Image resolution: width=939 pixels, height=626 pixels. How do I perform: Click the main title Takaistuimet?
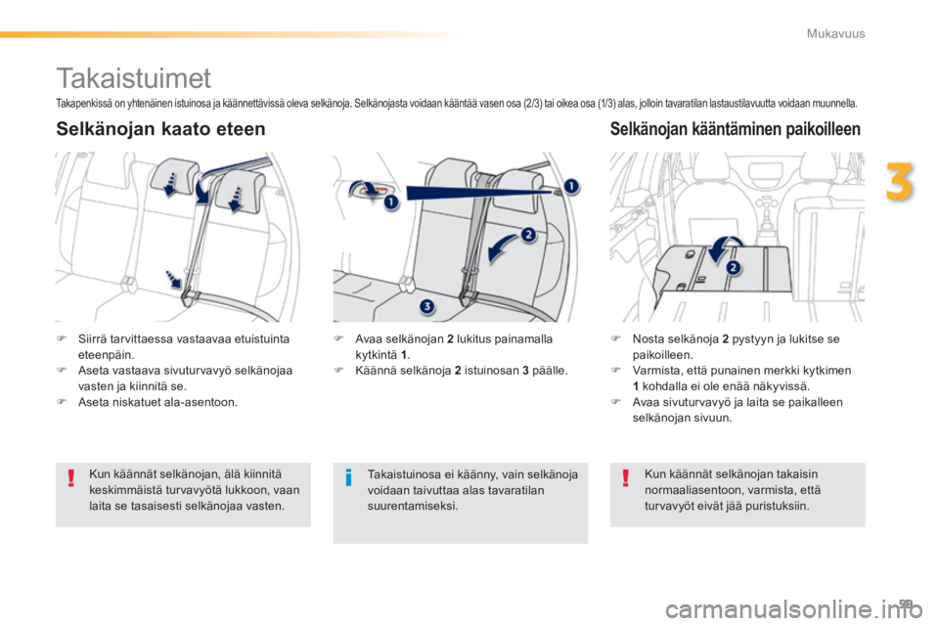[x=134, y=78]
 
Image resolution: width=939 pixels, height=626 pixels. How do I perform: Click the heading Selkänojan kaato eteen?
[x=160, y=129]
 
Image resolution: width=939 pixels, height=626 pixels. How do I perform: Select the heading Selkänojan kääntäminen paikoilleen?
[x=735, y=129]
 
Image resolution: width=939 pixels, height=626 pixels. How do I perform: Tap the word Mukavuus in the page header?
[x=835, y=33]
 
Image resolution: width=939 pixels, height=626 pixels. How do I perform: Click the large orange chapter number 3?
[x=900, y=182]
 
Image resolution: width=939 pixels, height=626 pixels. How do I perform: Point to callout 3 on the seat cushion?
[x=427, y=306]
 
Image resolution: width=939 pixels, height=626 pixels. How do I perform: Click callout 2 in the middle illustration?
[x=528, y=234]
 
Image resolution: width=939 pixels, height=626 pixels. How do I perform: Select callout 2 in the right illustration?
[x=733, y=267]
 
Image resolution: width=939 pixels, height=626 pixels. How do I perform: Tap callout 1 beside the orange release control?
[x=391, y=201]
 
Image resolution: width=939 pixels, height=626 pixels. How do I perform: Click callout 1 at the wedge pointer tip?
[x=571, y=186]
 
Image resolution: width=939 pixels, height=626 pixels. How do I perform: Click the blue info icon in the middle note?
[x=348, y=478]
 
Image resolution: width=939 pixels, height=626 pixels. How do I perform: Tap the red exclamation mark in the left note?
[x=70, y=478]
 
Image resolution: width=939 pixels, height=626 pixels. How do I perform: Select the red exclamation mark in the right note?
[x=625, y=478]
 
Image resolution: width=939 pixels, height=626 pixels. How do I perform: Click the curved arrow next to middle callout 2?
[x=500, y=246]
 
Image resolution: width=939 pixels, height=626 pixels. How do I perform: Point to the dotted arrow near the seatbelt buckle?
[x=173, y=279]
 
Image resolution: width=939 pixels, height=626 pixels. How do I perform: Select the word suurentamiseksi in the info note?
[x=413, y=506]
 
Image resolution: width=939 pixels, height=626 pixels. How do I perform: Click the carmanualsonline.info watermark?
[x=793, y=609]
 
